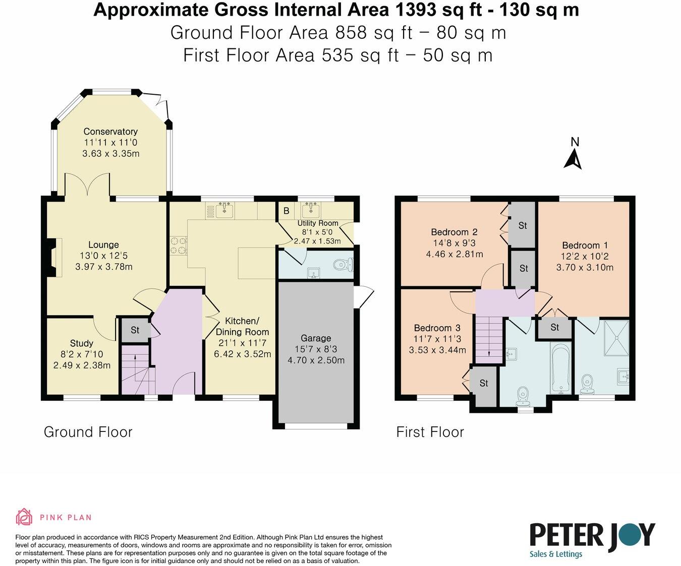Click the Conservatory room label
(110, 132)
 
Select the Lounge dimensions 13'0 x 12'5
(103, 256)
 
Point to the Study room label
(81, 343)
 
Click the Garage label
(316, 338)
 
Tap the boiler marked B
(286, 211)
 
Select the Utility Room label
(318, 223)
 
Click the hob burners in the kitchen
(178, 245)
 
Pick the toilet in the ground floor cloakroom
(344, 265)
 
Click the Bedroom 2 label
(454, 232)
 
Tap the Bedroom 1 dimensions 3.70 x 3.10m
(585, 268)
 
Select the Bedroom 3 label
(437, 328)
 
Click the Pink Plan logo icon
(24, 517)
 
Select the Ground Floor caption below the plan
(88, 432)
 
